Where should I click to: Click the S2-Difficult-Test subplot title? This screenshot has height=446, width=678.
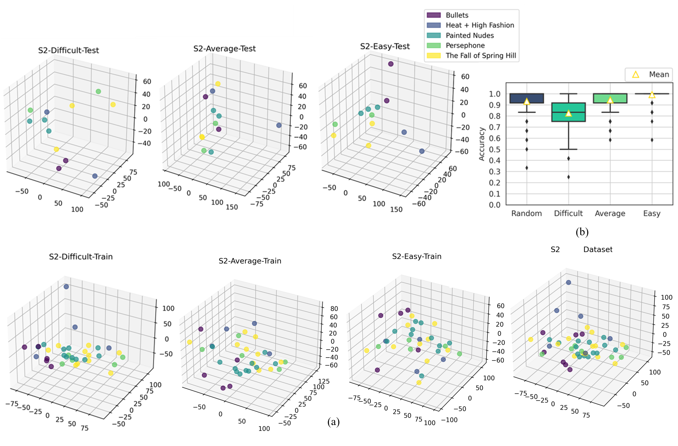(68, 50)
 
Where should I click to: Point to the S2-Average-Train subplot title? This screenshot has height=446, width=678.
(250, 261)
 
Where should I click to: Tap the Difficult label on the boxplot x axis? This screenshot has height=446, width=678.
(568, 213)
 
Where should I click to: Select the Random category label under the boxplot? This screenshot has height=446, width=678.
(526, 213)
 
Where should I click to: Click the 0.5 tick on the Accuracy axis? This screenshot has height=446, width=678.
(495, 149)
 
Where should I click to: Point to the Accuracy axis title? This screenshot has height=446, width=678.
(482, 144)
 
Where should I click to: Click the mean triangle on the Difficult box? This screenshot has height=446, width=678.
(568, 113)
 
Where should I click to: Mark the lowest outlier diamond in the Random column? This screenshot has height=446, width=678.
(527, 168)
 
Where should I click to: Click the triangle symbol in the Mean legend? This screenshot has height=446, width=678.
(636, 75)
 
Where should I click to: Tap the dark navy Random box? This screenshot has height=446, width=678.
(526, 98)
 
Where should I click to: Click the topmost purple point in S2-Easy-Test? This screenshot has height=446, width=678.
(391, 64)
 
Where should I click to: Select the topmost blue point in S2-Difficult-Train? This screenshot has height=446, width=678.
(66, 287)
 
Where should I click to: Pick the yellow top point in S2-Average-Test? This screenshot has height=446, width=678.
(218, 84)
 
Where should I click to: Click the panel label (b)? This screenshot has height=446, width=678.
(582, 232)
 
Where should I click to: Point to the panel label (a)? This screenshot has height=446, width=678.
(333, 421)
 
